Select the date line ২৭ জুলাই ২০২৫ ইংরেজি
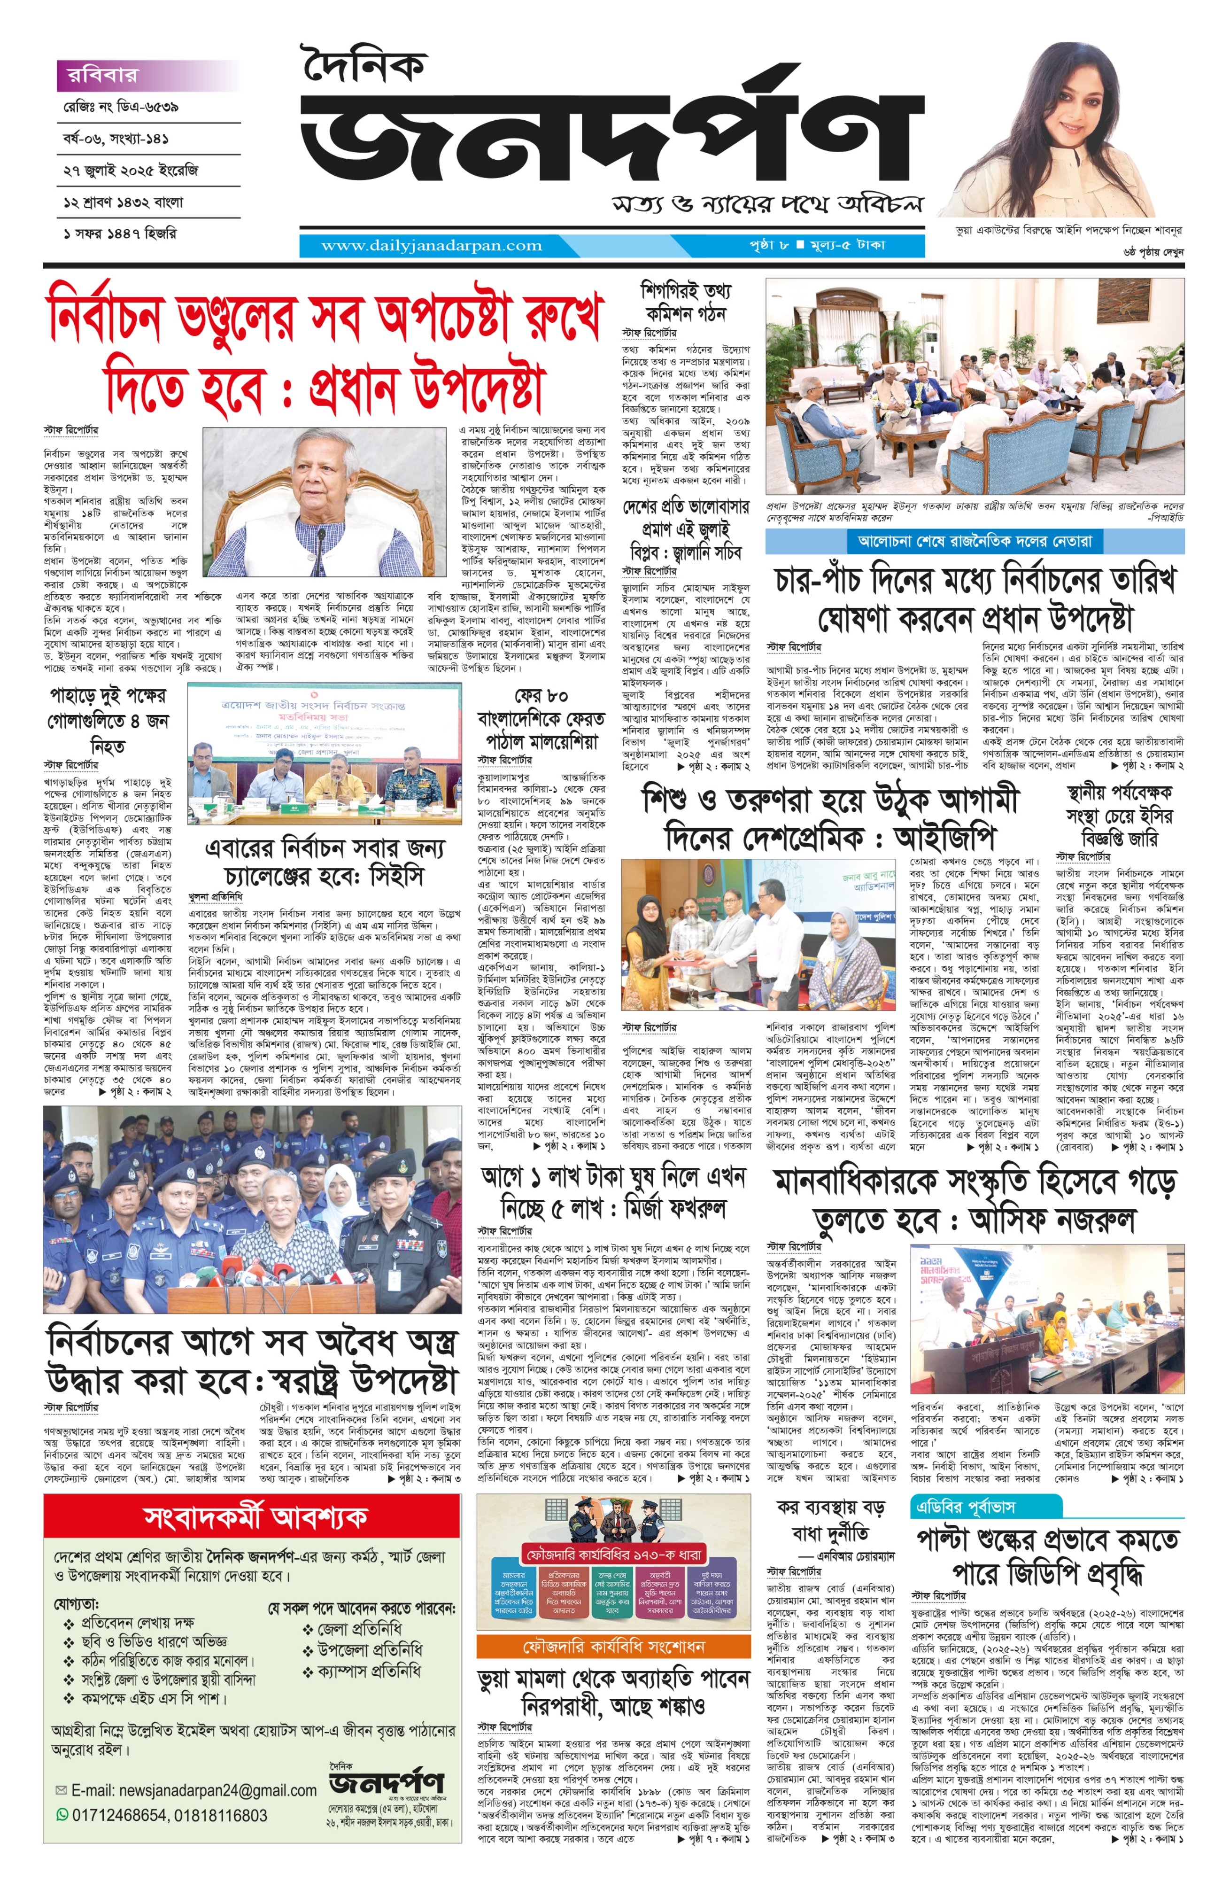[131, 170]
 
